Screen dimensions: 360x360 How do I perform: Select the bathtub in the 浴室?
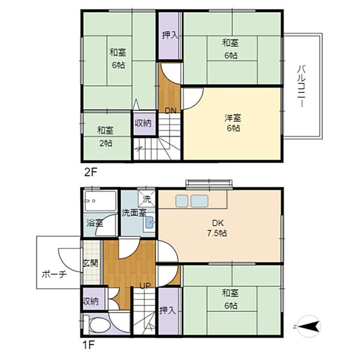coord(100,201)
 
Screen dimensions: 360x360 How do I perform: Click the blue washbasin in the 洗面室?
coord(149,222)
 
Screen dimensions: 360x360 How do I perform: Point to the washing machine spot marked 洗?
coord(147,199)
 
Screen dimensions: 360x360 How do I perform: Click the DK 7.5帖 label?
coord(217,228)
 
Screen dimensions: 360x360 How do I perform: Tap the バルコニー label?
coord(301,86)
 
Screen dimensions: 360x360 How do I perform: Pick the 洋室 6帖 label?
coord(233,123)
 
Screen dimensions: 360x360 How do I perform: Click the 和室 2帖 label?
coord(106,137)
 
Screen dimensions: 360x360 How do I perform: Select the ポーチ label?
coord(54,274)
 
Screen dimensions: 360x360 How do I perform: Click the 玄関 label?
coord(91,263)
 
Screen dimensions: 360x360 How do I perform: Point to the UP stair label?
coord(146,286)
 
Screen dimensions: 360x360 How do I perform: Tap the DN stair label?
coord(170,111)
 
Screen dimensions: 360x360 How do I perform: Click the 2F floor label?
coord(91,172)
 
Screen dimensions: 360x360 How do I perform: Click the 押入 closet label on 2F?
coord(170,35)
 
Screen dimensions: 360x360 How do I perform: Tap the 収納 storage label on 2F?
coord(143,123)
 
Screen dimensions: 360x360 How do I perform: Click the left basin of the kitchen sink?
coord(182,201)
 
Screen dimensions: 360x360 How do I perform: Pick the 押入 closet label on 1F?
coord(167,311)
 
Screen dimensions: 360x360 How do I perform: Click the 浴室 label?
coord(95,223)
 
